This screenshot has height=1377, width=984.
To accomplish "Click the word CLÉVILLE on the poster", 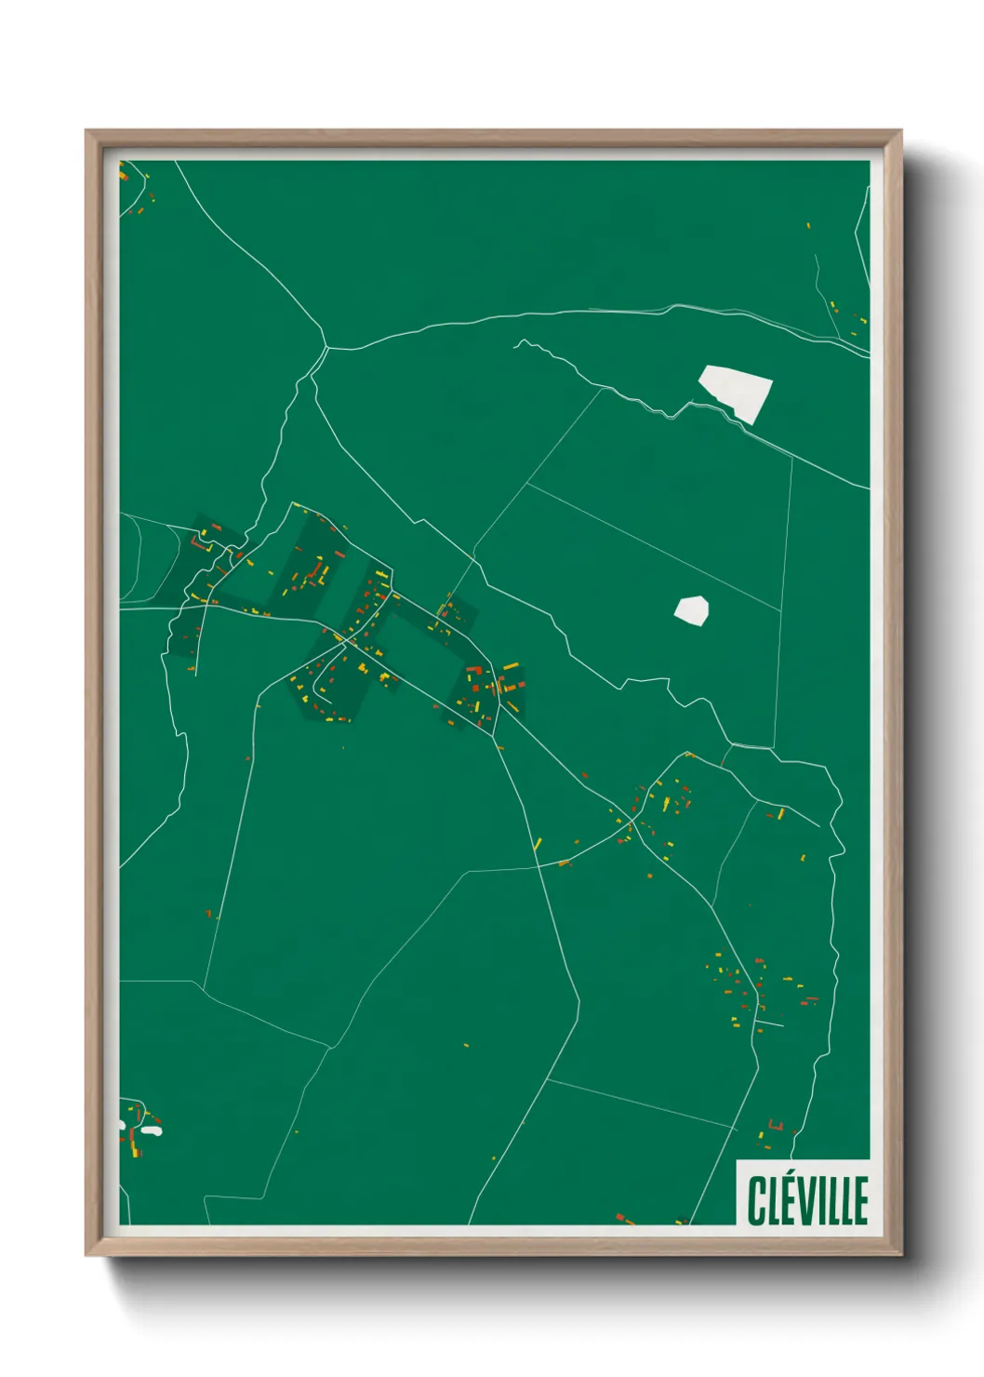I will coord(807,1201).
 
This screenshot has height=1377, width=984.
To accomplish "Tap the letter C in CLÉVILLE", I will coord(754,1201).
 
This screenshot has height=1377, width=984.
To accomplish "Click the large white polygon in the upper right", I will coord(736,392).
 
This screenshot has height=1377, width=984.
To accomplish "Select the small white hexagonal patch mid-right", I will coord(691,609).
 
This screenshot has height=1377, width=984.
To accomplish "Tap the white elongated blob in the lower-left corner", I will coord(151,1131).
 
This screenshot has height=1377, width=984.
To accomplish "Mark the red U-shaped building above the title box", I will coord(775,1126).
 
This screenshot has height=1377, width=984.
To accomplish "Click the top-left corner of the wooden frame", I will coord(87,132).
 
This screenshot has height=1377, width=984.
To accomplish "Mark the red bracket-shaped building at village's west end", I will coord(195,540).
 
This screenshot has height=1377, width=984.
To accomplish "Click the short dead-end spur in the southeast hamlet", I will coord(770,1024).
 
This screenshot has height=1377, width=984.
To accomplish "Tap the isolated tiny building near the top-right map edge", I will coord(808,225).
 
